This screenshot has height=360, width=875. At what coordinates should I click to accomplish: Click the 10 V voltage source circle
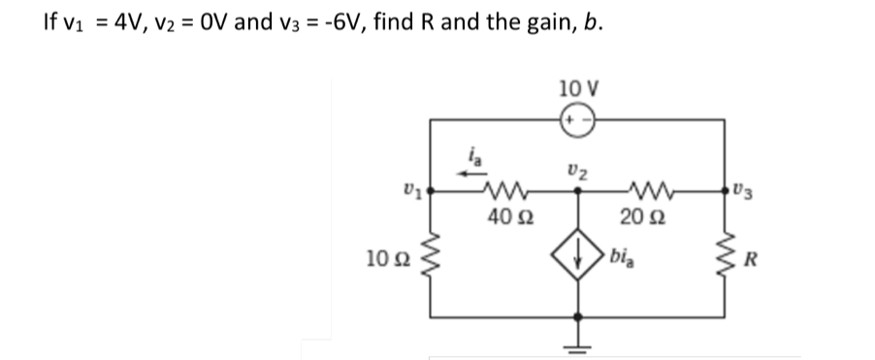click(579, 119)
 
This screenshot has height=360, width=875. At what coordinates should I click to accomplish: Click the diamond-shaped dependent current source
click(579, 259)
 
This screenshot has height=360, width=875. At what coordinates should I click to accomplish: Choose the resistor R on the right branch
click(724, 257)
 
